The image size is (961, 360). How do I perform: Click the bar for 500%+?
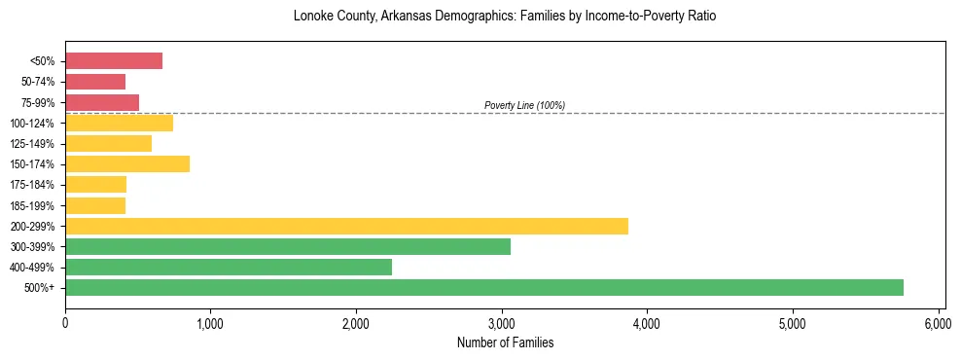(483, 287)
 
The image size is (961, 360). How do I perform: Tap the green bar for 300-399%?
(287, 246)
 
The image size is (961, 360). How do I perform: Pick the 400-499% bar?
(228, 267)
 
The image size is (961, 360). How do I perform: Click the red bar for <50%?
(113, 61)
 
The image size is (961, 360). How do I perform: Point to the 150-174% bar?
(126, 163)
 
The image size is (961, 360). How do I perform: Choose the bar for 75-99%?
(101, 102)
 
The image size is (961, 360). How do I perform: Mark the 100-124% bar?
(119, 123)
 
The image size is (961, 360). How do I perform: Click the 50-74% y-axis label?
(38, 82)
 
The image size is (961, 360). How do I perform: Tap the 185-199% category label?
(34, 205)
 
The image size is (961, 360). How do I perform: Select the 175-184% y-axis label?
(34, 185)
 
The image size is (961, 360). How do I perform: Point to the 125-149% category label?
(34, 144)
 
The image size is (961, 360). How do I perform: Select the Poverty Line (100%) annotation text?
(524, 105)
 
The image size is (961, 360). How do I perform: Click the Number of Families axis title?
(504, 342)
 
